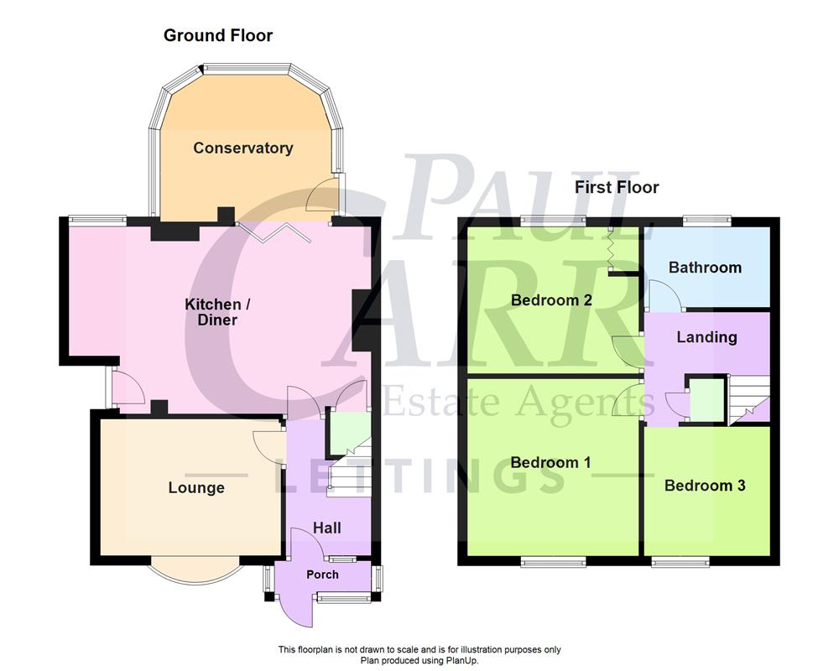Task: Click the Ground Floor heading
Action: [x=218, y=35]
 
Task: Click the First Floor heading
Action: [x=617, y=187]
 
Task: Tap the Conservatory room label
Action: [x=243, y=148]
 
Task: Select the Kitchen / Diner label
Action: [x=211, y=311]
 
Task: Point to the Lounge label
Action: [x=196, y=487]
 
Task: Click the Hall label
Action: [x=327, y=528]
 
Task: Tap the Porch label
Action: [x=323, y=575]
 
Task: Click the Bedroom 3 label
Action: [x=705, y=486]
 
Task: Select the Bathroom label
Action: [x=705, y=268]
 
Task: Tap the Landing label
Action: [x=706, y=337]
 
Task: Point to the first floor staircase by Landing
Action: [x=748, y=398]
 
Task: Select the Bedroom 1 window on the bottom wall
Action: [x=554, y=561]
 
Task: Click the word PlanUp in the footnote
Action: [x=461, y=661]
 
